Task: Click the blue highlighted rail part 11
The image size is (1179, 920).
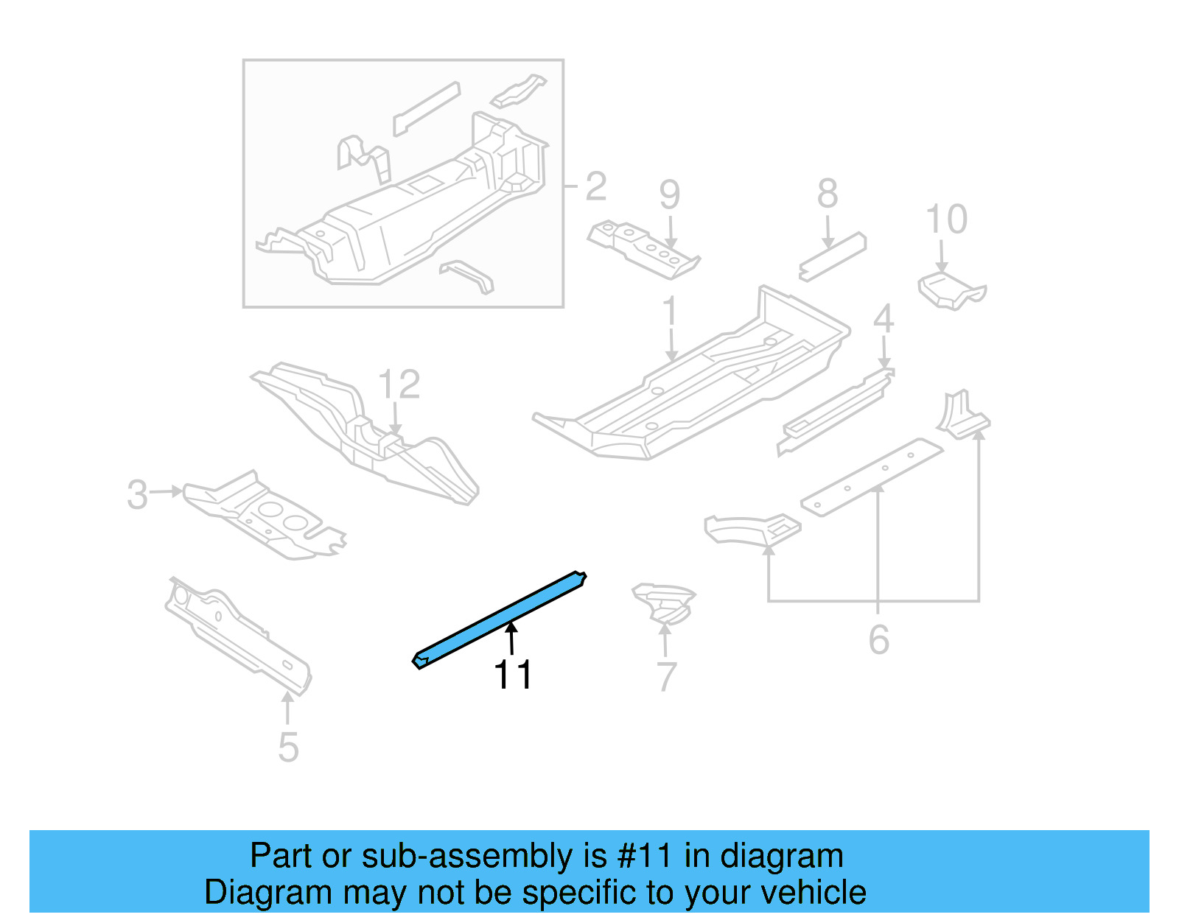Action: tap(499, 619)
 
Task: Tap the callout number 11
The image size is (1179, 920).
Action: tap(512, 675)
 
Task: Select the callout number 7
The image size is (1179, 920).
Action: tap(665, 677)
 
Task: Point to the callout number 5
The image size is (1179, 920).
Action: tap(288, 747)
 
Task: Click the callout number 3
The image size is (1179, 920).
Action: tap(137, 495)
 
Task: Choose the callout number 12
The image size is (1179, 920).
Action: tap(399, 384)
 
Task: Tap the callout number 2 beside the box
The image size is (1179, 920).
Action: tap(595, 186)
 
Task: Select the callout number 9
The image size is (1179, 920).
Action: tap(669, 194)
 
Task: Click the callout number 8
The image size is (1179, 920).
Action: tap(828, 194)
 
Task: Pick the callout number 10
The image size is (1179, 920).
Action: tap(946, 220)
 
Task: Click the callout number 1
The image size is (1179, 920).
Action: tap(669, 312)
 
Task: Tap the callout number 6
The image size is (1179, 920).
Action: tap(878, 639)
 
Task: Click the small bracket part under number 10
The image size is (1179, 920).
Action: tap(951, 290)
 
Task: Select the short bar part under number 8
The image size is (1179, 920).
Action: tap(833, 257)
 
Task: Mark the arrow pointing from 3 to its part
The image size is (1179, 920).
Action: tap(167, 491)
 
